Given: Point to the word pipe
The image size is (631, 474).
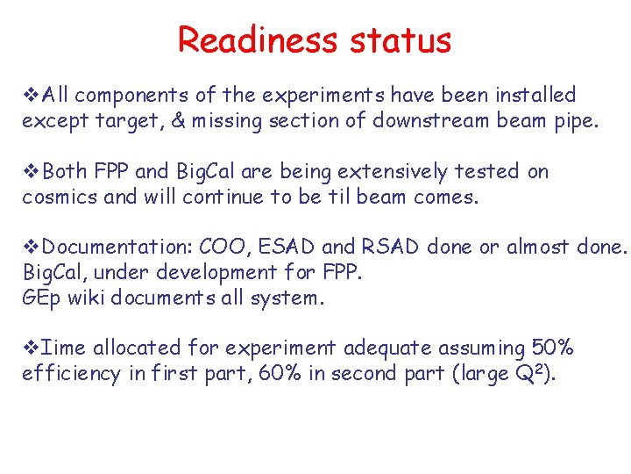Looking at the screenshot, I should pos(577,121).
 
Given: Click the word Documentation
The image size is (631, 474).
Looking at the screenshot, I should pos(117,248).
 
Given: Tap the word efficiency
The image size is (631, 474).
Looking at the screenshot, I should pos(71,374).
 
